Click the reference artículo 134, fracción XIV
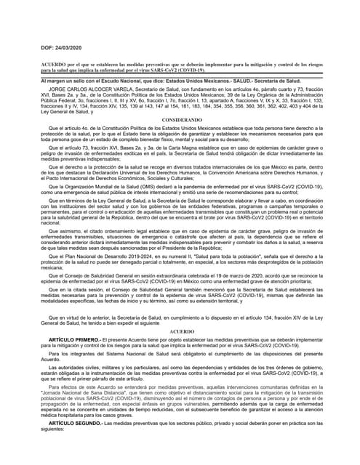pos(276,318)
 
